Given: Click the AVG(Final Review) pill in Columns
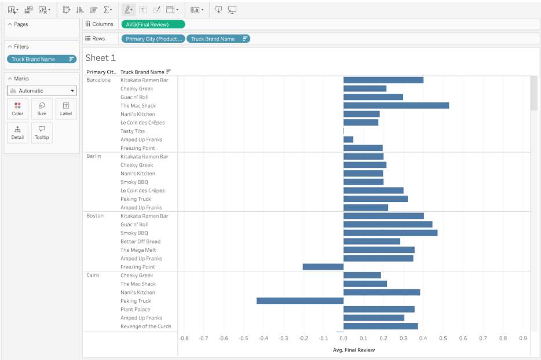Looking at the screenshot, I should click(153, 24).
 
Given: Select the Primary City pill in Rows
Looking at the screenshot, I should click(153, 39).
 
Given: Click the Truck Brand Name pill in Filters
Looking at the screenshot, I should click(41, 59).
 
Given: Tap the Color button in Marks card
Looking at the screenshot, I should click(17, 109).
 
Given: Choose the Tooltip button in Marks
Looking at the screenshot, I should click(42, 133).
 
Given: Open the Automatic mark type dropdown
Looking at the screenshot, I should click(42, 91).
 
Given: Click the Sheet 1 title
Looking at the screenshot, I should click(101, 58).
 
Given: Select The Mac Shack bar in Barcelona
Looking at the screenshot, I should click(396, 105).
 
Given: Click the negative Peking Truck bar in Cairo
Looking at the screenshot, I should click(299, 301).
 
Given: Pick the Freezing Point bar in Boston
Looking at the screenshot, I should click(323, 267).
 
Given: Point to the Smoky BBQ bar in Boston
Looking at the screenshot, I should click(390, 233).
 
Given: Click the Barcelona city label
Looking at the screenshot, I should click(98, 80).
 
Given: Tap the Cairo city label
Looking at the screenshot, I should click(93, 275).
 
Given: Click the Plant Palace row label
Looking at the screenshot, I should click(136, 309).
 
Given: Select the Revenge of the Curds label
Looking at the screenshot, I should click(145, 326).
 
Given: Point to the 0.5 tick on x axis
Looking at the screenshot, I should click(443, 339).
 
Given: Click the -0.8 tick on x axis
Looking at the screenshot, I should click(184, 339).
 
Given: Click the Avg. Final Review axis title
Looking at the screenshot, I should click(353, 350).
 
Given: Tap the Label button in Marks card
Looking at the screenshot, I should click(66, 109).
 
